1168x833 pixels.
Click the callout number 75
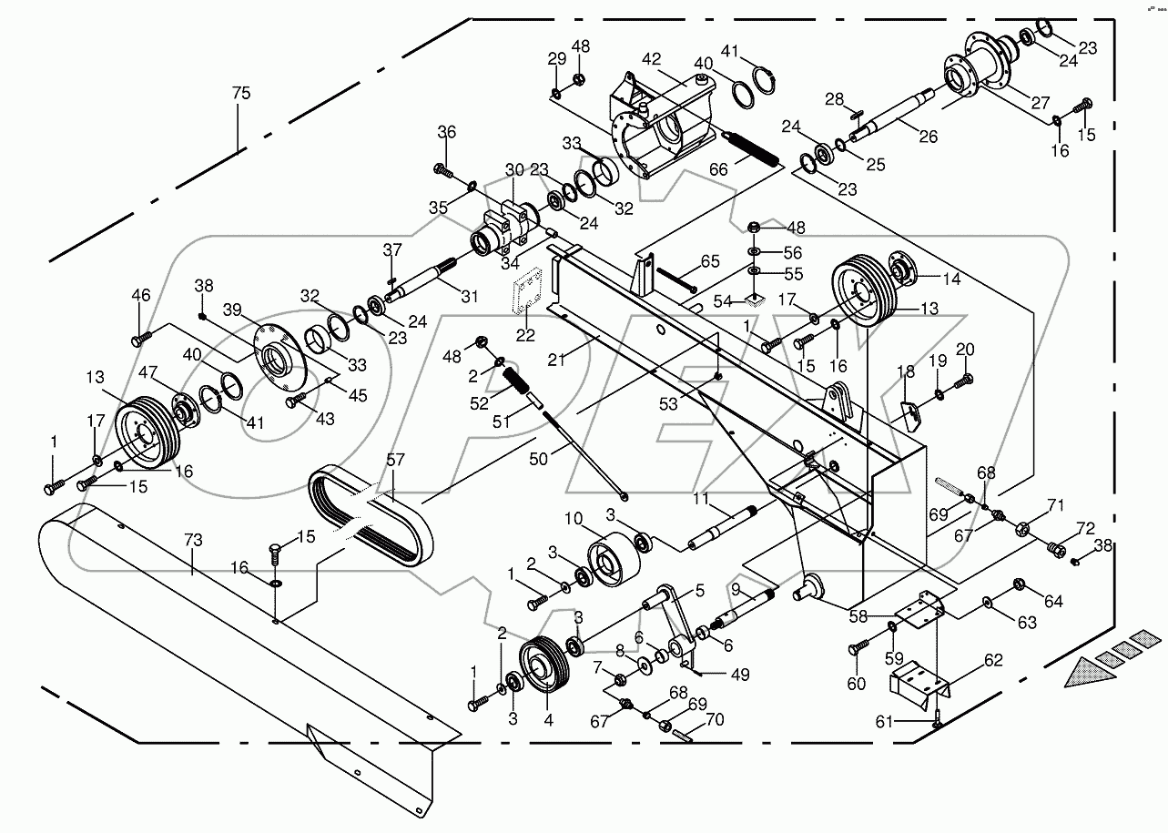pos(240,94)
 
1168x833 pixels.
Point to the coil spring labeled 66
pos(753,148)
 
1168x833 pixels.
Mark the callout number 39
pos(232,310)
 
